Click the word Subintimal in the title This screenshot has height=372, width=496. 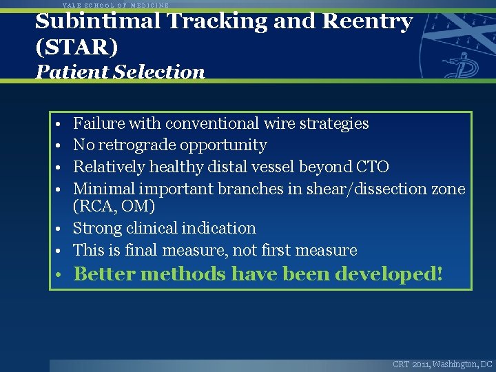(x=99, y=21)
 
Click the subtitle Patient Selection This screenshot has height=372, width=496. (x=121, y=72)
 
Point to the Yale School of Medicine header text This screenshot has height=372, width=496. (x=116, y=5)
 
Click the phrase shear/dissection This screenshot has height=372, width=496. (x=345, y=188)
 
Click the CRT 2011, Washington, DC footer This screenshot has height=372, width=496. (x=442, y=364)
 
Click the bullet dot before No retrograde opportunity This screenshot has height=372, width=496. (x=61, y=146)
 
